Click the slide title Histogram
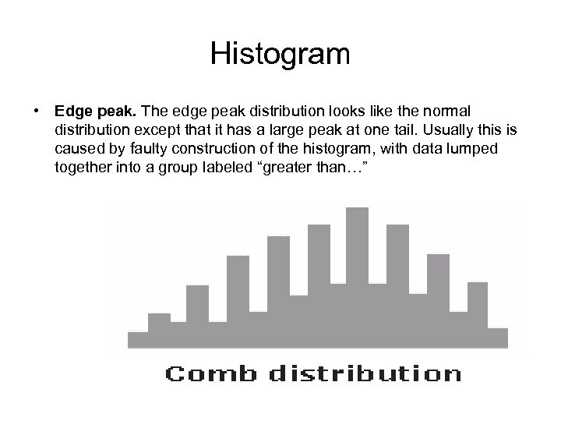280,55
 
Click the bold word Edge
72,110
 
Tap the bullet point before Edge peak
37,110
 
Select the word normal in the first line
461,110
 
